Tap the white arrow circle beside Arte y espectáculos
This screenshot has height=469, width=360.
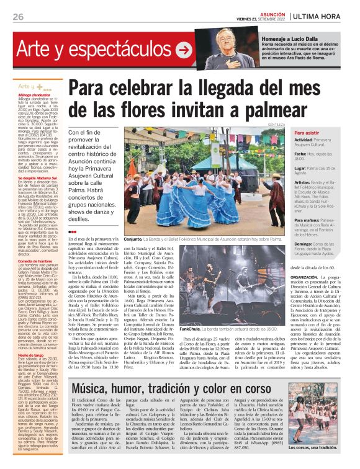183,49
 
